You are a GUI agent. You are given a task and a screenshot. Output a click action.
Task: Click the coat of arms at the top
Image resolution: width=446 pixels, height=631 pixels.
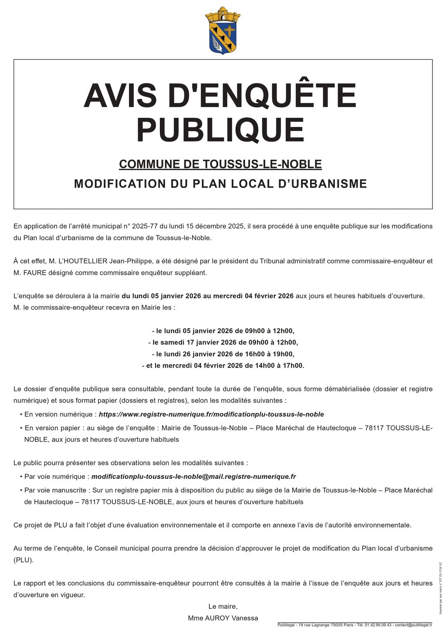pos(223,31)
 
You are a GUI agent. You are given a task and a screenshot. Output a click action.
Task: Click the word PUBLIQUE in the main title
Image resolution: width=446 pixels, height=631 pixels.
pos(220,130)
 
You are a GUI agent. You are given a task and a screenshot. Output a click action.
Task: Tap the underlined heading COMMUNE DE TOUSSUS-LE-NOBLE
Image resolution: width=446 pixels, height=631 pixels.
pos(220,164)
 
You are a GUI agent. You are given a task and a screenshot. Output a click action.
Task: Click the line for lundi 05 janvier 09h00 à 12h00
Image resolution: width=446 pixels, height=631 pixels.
pos(223,331)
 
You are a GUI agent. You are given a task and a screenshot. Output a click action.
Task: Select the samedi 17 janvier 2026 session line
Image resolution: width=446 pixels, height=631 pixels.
pos(223,342)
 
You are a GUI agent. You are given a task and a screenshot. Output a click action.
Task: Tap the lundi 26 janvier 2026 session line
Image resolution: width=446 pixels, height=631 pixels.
pos(223,354)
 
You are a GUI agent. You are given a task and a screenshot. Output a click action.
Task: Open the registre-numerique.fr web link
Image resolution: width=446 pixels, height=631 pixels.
pos(211,414)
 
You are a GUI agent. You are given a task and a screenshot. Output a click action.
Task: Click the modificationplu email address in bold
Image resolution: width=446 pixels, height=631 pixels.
pos(193,477)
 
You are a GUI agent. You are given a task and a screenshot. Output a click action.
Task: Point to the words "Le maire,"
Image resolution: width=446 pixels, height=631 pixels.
pos(223,606)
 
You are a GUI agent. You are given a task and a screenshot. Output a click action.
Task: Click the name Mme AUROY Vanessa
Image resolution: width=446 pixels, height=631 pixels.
pos(223,618)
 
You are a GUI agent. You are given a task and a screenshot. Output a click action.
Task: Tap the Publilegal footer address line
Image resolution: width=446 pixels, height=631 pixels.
pos(355,625)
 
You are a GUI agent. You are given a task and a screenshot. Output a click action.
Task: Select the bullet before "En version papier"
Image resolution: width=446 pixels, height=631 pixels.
pos(21,428)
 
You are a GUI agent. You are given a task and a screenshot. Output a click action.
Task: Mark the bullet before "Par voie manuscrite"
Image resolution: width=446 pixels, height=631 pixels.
pos(21,490)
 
